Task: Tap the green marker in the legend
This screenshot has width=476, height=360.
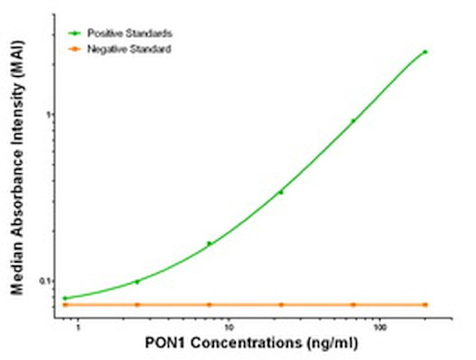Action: [x=74, y=34]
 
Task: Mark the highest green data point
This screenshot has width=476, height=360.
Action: [x=425, y=52]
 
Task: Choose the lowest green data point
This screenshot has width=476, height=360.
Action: [x=65, y=298]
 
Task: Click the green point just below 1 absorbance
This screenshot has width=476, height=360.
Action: [x=353, y=121]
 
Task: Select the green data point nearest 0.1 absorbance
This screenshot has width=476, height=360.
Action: [x=137, y=281]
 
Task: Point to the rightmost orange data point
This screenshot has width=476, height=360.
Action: [x=425, y=304]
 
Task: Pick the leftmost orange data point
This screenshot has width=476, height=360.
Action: [x=65, y=304]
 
